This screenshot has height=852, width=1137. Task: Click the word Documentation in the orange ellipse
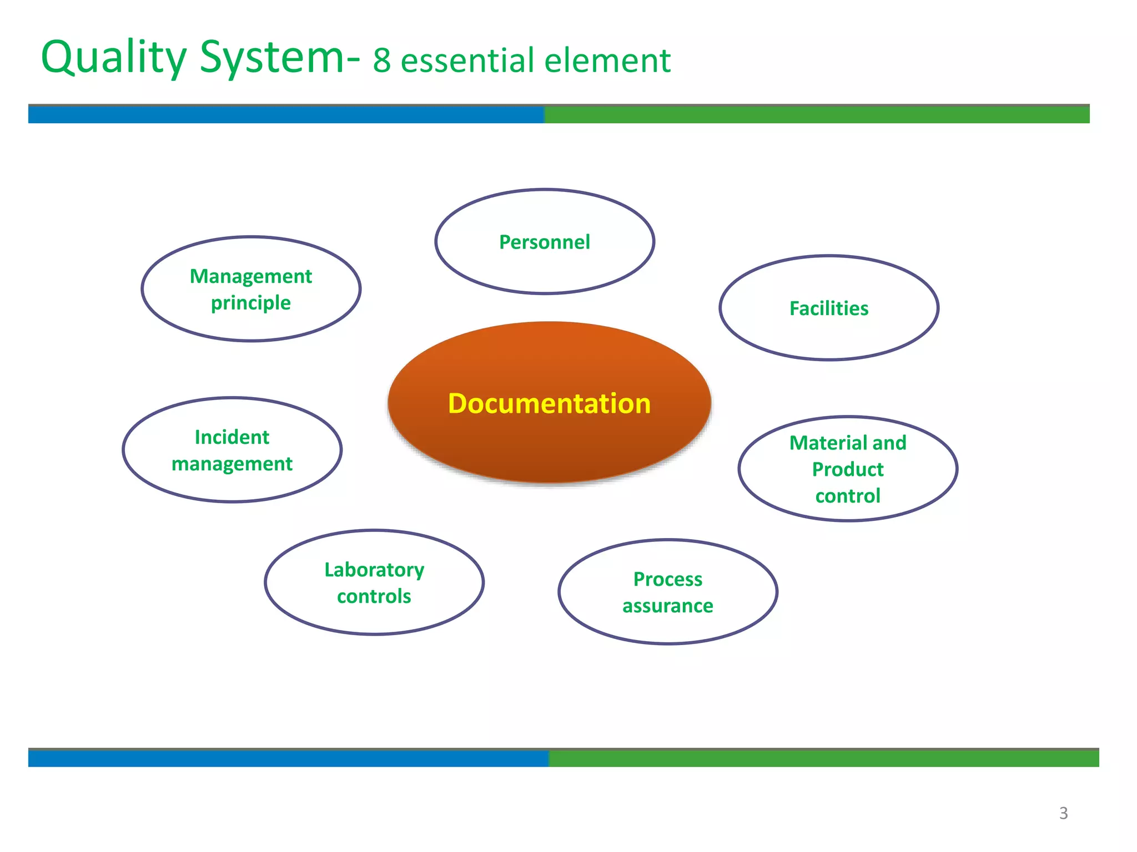click(549, 403)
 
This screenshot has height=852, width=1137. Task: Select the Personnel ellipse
click(545, 242)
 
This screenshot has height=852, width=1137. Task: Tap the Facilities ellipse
click(829, 308)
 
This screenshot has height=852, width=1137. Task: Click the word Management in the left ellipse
click(251, 276)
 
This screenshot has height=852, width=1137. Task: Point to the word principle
click(251, 303)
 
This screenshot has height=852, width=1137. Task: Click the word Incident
click(232, 437)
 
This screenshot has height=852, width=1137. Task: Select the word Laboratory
click(374, 570)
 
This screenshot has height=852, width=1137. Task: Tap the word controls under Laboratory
click(374, 596)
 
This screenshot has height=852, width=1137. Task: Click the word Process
click(668, 579)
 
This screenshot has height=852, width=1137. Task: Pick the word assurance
click(668, 606)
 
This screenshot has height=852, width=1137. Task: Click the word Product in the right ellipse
click(848, 469)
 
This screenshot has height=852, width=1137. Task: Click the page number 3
click(1063, 813)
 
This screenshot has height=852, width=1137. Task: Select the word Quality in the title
click(114, 58)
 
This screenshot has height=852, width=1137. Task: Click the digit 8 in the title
click(382, 61)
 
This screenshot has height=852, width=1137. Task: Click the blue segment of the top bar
click(286, 114)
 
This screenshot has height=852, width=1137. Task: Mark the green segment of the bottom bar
click(824, 758)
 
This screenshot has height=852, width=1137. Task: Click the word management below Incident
click(232, 464)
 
